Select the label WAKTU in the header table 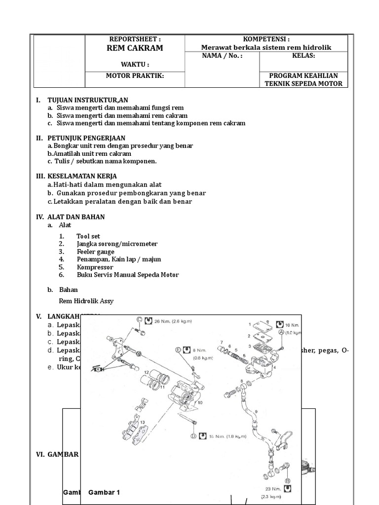(135, 65)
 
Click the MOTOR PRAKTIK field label (135, 75)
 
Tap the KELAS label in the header (303, 56)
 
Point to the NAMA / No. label (223, 56)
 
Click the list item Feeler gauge (95, 252)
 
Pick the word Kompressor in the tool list (95, 267)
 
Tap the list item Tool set (88, 236)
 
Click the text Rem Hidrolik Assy (86, 301)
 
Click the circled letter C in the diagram (140, 320)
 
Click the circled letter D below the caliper (192, 436)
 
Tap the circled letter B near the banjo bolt (287, 480)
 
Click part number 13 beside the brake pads (142, 423)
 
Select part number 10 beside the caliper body (200, 403)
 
